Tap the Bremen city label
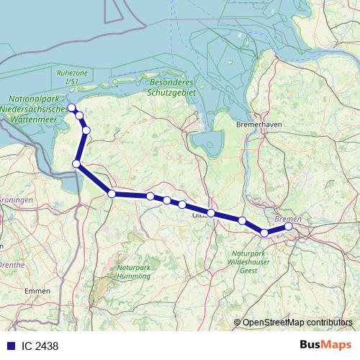288,218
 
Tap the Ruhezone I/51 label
71,77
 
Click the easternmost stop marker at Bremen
289,226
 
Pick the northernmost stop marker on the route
71,108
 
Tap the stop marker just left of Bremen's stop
264,233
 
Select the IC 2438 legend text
40,346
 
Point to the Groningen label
17,199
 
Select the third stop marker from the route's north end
86,130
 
